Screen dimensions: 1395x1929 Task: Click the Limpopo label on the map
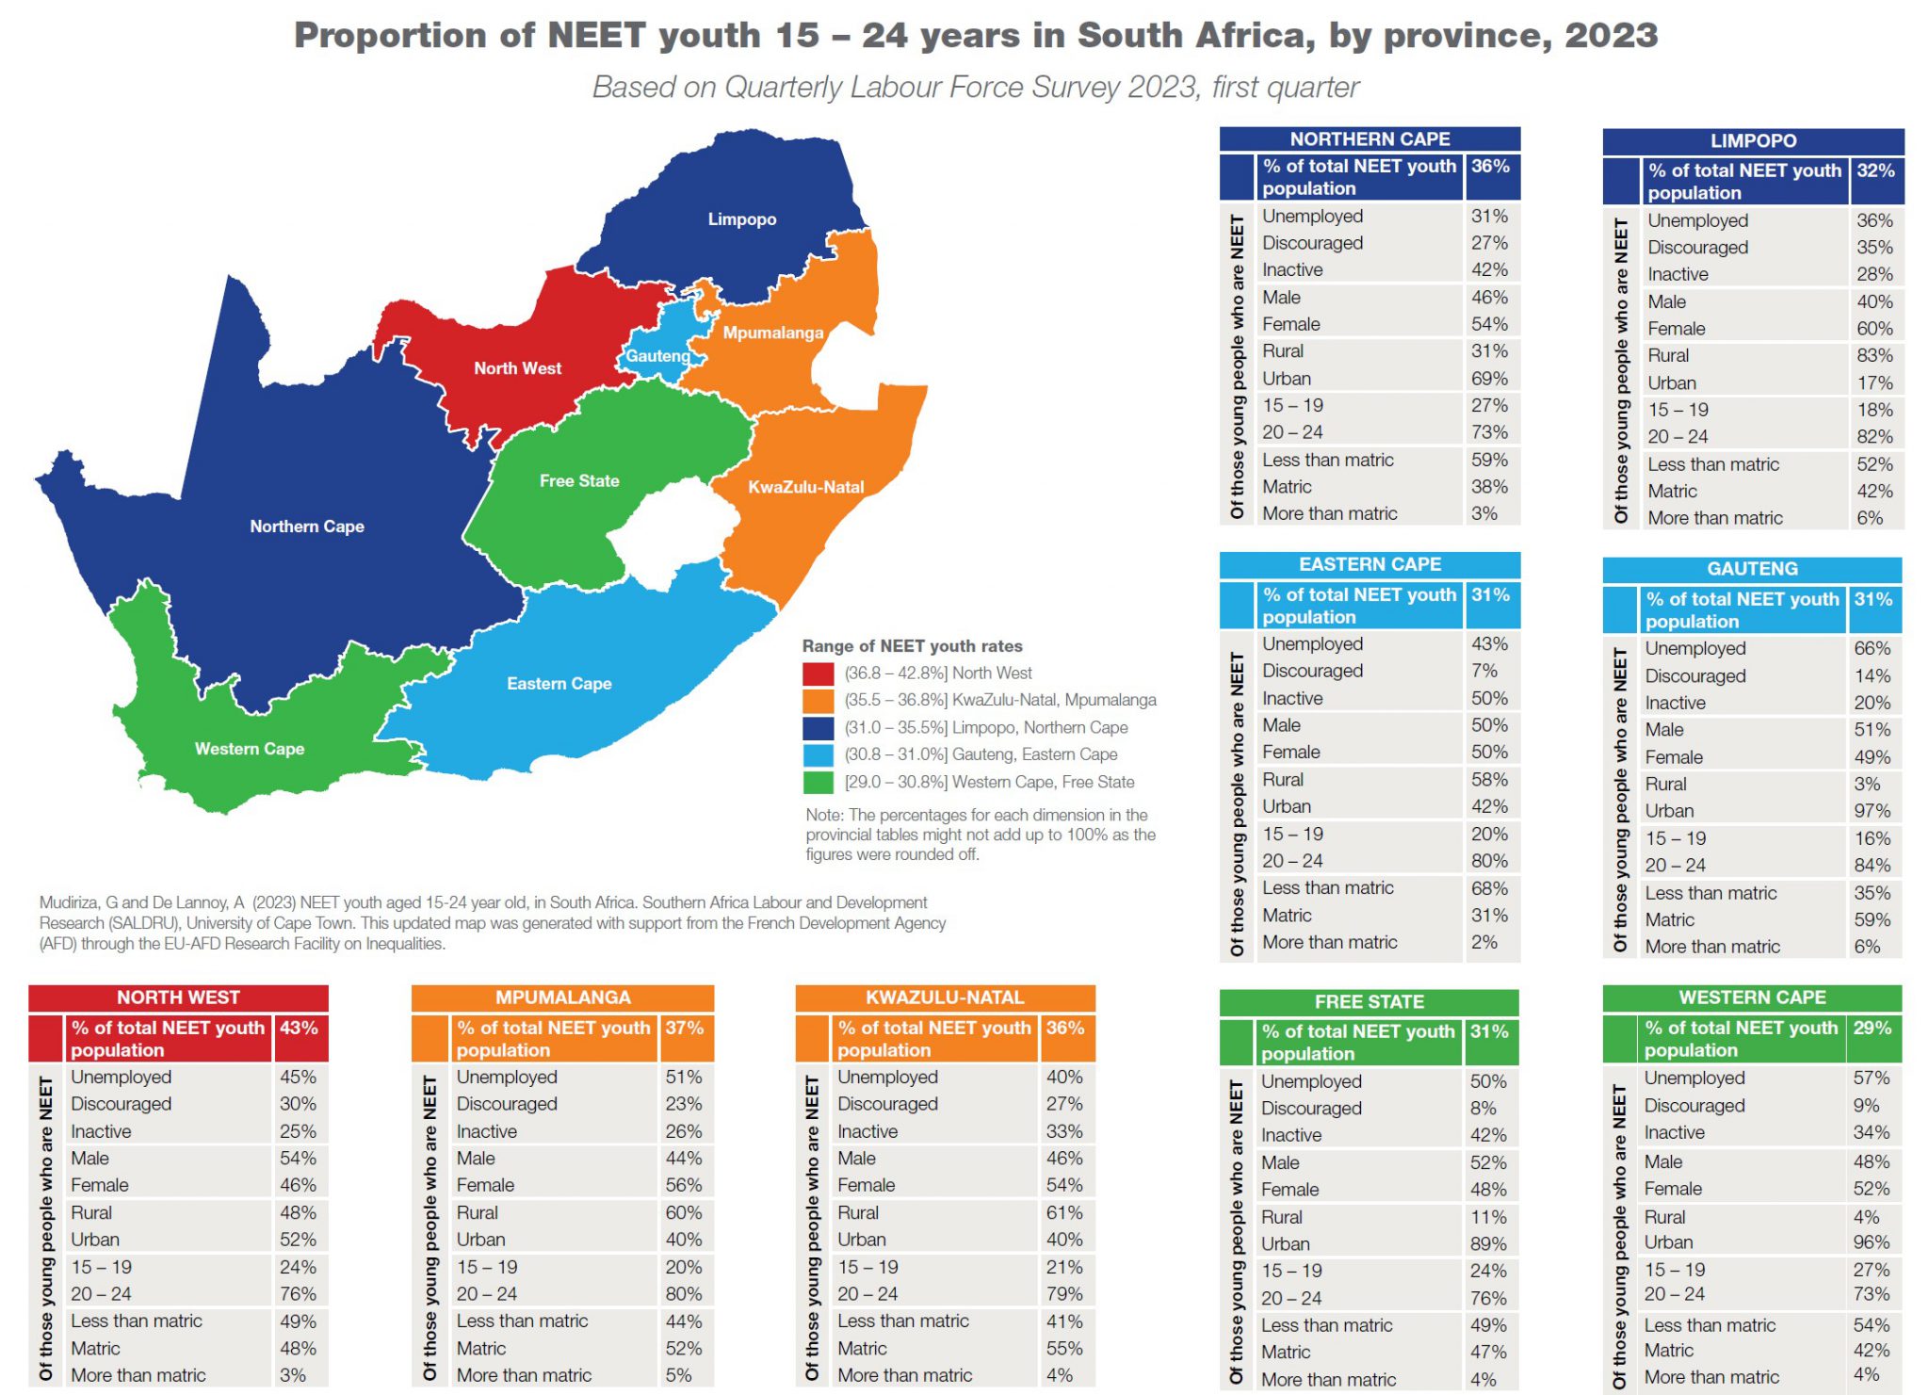(742, 219)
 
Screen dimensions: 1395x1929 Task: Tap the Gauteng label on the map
(657, 356)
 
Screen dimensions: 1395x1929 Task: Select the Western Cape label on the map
(249, 749)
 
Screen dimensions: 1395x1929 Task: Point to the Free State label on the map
(579, 481)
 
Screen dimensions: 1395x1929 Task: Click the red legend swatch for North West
(818, 673)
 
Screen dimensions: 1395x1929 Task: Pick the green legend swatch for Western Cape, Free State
(818, 783)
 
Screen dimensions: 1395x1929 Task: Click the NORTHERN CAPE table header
(1369, 139)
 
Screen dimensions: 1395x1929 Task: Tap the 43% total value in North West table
(299, 1029)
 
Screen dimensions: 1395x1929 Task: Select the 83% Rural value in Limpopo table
(1873, 356)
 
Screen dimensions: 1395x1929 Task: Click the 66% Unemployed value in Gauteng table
(1871, 649)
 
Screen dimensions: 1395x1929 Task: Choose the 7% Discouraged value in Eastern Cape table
(1483, 672)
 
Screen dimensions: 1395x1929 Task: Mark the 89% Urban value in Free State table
(1487, 1244)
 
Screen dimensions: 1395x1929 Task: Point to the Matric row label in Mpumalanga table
(481, 1349)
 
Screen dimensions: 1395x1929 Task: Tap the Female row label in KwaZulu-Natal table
(866, 1186)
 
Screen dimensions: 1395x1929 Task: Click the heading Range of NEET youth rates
(911, 646)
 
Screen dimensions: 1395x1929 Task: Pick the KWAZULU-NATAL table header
(944, 998)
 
